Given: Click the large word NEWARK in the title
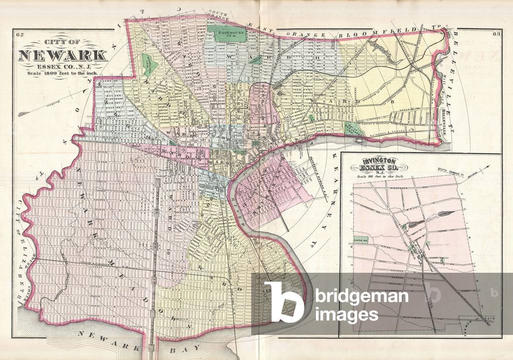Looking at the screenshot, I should point(62,55).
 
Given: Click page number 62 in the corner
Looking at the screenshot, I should point(20,35).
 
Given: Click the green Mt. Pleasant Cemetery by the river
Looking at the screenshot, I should point(353,128).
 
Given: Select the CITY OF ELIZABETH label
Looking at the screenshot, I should point(21,251).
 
